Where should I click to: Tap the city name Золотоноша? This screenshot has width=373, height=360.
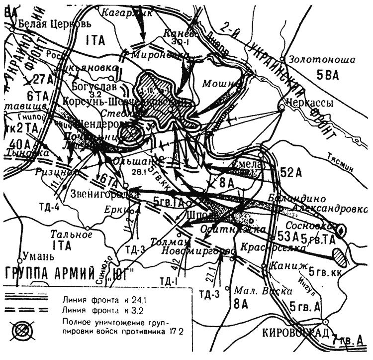324,60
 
